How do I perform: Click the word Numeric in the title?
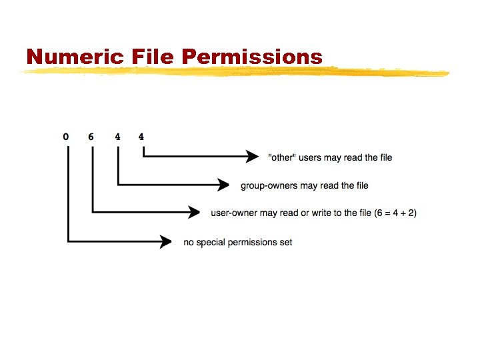[x=65, y=57]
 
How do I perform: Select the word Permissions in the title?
[x=251, y=57]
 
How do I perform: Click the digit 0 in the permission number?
[x=65, y=137]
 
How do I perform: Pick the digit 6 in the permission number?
[x=91, y=137]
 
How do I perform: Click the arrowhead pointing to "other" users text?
[x=251, y=157]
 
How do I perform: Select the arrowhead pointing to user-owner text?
[x=194, y=213]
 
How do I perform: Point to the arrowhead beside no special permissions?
[x=165, y=241]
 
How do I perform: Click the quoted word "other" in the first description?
[x=280, y=157]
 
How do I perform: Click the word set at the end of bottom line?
[x=286, y=242]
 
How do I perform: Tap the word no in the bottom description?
[x=189, y=242]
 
